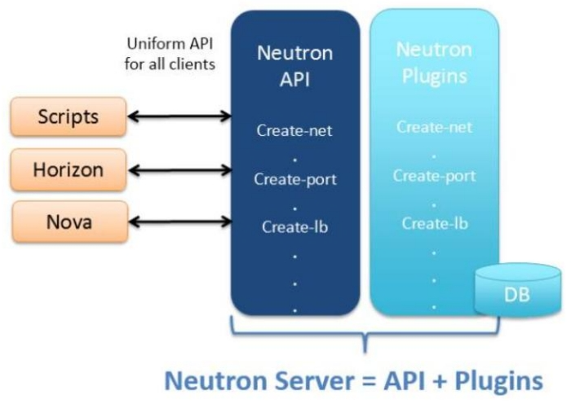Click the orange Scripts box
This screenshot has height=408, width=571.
pos(69,116)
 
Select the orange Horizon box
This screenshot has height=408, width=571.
pos(69,170)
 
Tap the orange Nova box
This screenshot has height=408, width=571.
pos(69,222)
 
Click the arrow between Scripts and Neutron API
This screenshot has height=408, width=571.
pos(179,117)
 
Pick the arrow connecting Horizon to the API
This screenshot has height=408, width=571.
pos(179,170)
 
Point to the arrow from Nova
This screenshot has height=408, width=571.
pos(179,222)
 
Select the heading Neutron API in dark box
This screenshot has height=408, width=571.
pos(294,66)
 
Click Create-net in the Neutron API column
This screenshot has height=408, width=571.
pos(294,129)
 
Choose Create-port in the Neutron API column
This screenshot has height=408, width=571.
pos(294,178)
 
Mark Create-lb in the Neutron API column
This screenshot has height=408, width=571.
pos(294,226)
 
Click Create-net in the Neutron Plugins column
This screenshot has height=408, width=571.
pos(434,127)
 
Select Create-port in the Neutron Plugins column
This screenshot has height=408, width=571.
pos(434,176)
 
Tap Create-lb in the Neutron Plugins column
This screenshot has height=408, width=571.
pos(434,224)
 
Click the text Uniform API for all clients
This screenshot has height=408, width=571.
pos(170,54)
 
